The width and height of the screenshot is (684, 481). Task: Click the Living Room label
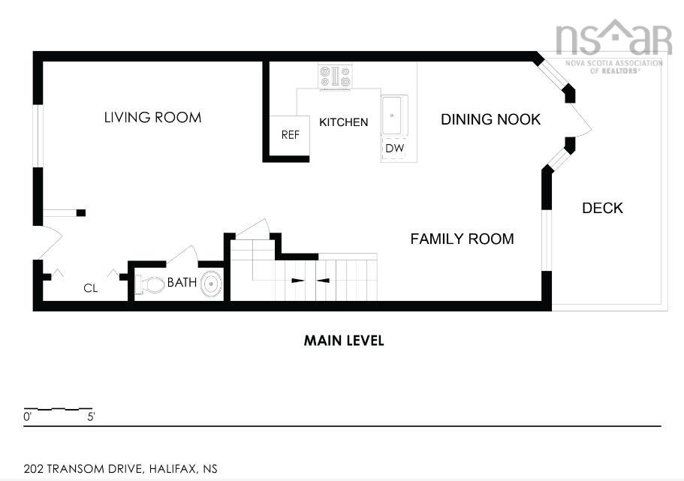coord(152,117)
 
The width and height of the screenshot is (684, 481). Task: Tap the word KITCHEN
coord(344,122)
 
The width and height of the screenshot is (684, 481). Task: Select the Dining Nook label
coord(491,119)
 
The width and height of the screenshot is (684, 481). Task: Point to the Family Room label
coord(463,239)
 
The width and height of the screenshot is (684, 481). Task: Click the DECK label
coord(602,208)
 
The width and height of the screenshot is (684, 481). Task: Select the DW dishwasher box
coord(395,149)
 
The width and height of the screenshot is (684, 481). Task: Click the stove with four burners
coord(335,77)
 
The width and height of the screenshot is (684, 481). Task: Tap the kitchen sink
coord(394,115)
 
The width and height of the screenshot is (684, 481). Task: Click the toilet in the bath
coord(149,284)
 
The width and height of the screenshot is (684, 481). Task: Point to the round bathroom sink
coord(212,284)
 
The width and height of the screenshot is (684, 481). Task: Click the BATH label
coord(182,283)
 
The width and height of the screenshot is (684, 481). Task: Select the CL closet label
coord(91,288)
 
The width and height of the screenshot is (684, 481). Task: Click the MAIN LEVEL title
coord(344,341)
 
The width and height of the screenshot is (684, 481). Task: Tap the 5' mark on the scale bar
coord(91,416)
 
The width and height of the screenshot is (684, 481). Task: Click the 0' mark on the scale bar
coord(28,416)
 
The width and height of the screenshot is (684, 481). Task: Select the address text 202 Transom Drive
coord(83,469)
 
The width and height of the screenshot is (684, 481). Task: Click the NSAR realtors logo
coord(613,46)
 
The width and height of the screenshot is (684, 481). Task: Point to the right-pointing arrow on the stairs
coord(298,281)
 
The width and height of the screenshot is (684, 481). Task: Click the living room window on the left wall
coord(38,136)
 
